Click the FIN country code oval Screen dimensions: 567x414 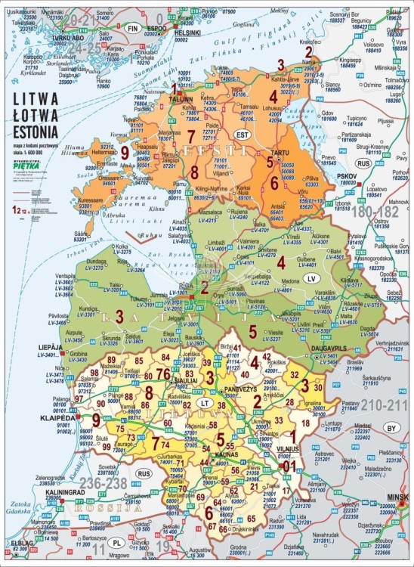(134, 28)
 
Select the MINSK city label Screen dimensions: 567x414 (397, 497)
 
